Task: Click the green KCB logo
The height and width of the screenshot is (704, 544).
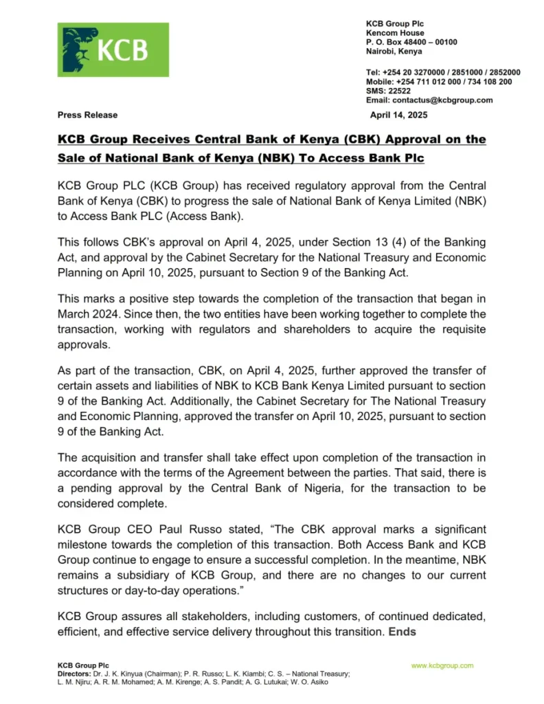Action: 113,49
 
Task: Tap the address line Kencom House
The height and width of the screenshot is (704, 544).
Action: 395,33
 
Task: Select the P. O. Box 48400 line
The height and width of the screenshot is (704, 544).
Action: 411,42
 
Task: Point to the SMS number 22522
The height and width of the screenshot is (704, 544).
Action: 398,91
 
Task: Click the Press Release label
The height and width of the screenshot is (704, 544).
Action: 87,115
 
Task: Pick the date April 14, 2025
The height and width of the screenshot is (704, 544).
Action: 398,115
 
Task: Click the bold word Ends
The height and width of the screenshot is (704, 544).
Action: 403,632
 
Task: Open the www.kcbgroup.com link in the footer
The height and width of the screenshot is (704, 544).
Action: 442,665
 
